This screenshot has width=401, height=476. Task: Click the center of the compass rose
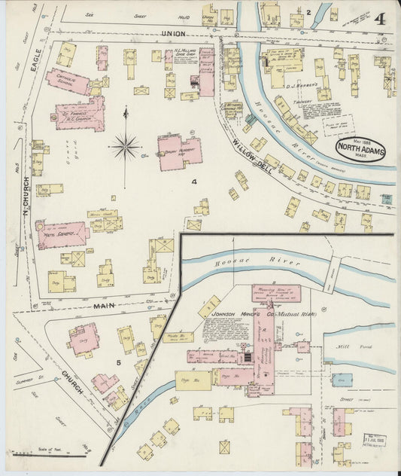point(126,145)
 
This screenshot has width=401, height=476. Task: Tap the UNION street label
point(173,35)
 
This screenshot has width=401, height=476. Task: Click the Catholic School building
point(68,82)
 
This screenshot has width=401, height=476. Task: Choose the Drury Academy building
point(179,151)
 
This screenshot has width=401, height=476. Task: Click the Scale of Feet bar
point(50,456)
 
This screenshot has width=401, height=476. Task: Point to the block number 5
point(118,362)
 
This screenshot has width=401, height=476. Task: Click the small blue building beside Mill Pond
point(342,380)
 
